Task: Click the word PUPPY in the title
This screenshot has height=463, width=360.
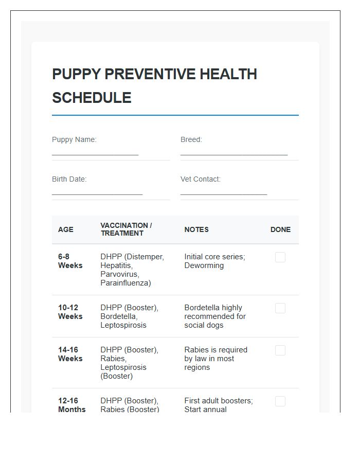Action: click(76, 74)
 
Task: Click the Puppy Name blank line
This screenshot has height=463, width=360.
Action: click(95, 153)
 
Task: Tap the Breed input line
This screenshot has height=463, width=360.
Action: click(234, 153)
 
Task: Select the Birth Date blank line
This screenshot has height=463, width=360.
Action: click(97, 193)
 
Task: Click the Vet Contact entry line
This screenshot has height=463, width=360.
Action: click(224, 193)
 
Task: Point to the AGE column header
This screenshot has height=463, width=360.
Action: click(66, 229)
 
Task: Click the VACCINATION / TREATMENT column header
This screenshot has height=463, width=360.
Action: click(126, 229)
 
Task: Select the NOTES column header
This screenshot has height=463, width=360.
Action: click(196, 229)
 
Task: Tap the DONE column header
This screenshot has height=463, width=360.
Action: click(280, 229)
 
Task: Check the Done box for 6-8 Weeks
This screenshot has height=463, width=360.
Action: click(280, 257)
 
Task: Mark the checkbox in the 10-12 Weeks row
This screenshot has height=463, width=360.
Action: click(280, 308)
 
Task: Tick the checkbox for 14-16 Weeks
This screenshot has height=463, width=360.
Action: click(280, 350)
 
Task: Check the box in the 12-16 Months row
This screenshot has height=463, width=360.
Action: click(280, 401)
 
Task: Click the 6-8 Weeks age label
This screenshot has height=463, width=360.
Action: click(70, 261)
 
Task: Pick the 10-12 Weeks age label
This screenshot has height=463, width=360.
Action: click(70, 312)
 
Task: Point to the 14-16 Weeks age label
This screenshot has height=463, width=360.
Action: click(70, 354)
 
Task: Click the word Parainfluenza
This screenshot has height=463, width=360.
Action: click(125, 283)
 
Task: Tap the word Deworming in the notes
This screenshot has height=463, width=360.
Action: click(204, 265)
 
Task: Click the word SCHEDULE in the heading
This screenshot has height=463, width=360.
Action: click(92, 98)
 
